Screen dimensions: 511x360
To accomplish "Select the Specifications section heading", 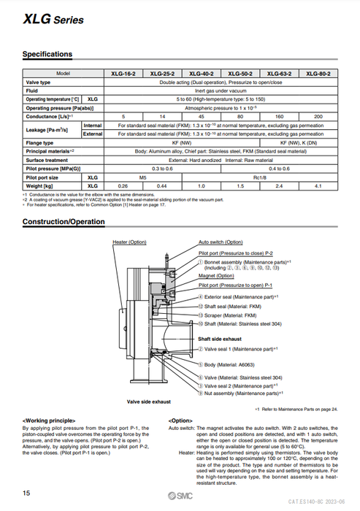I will (47, 54).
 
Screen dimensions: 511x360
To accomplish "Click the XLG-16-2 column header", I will (123, 74).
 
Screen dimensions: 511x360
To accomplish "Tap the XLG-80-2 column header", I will (318, 74).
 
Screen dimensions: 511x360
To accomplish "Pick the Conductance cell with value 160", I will (278, 116).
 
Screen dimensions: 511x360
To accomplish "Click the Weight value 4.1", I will (318, 186).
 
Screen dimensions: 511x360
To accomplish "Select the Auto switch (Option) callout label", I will (221, 242).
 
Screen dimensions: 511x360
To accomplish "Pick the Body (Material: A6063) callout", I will (234, 363).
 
